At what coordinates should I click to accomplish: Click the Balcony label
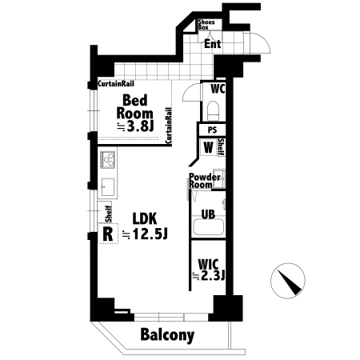coord(167,334)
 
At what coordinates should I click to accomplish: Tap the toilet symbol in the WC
coord(213,110)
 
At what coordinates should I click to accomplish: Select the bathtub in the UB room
coord(208,227)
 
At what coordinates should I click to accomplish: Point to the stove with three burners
coord(108,159)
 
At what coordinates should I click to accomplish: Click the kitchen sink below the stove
coord(108,187)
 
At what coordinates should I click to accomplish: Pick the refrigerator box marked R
coord(108,234)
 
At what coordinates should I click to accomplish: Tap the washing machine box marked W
coord(208,147)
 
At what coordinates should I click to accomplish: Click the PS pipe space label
coord(212,130)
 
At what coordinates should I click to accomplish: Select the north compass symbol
coord(288,281)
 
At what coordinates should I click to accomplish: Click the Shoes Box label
coord(206,24)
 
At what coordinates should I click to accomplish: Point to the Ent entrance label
coord(213,44)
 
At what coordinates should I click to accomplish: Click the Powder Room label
coord(205,181)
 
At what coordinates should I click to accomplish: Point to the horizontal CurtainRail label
coord(116,84)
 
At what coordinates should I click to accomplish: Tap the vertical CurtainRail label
coord(169,126)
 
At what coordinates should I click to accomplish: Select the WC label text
coord(218,89)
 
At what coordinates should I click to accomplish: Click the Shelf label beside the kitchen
coord(108,214)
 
